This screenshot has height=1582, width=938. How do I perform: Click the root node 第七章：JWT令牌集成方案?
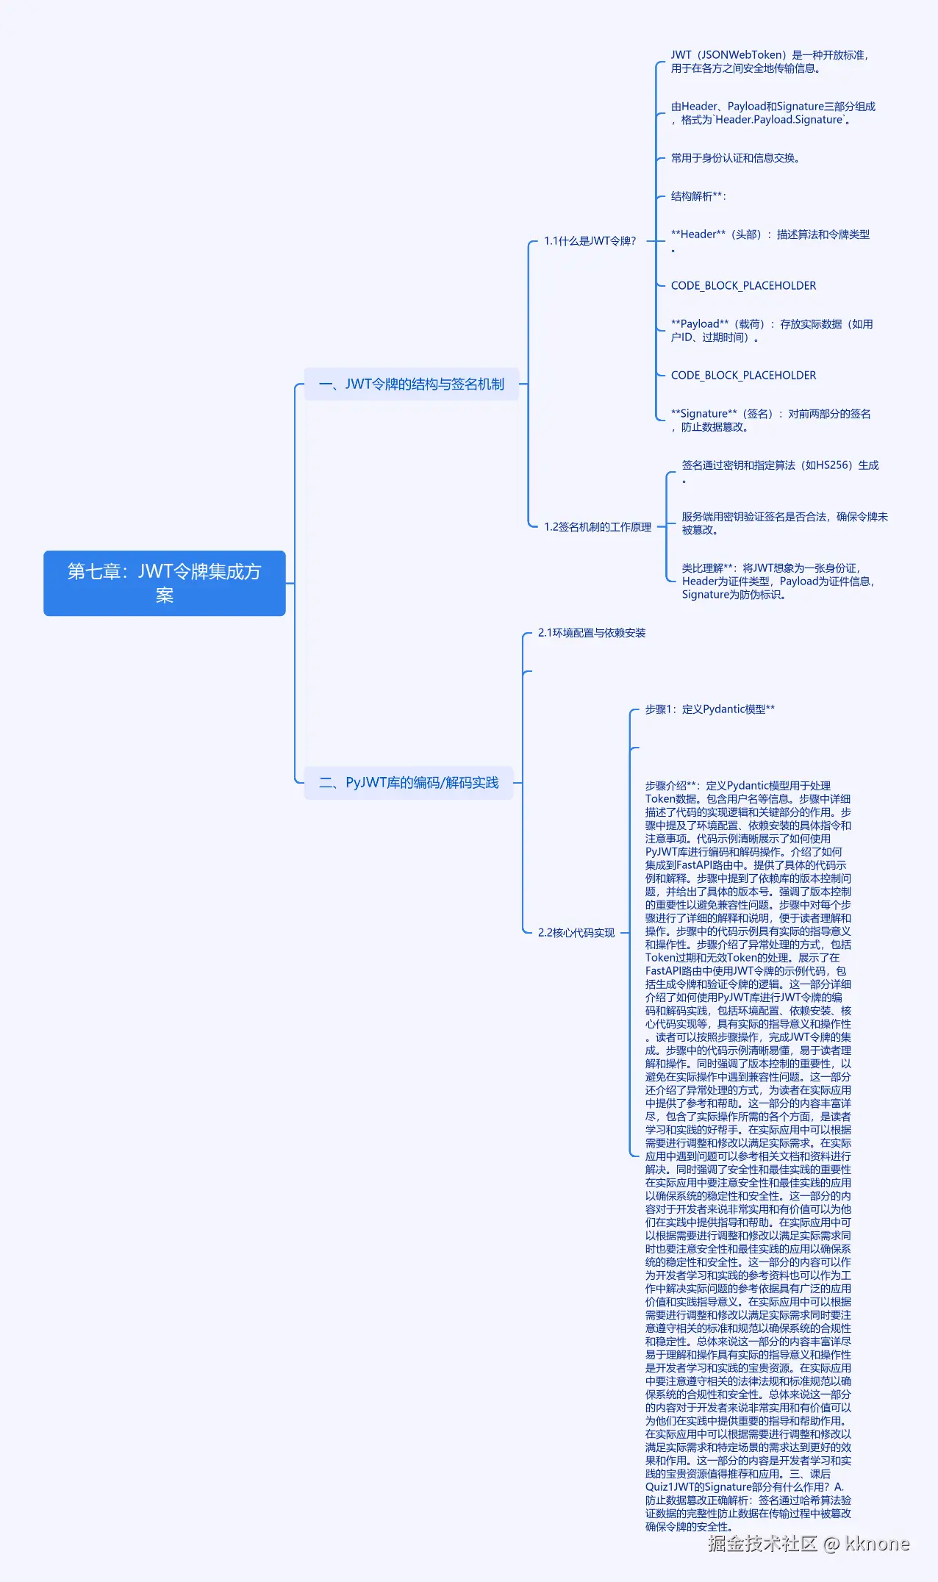(x=164, y=583)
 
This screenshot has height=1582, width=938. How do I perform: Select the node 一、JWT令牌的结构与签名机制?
(x=412, y=384)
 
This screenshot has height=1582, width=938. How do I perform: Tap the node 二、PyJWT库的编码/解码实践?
(x=409, y=782)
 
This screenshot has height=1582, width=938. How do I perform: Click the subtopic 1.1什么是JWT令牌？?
(x=590, y=241)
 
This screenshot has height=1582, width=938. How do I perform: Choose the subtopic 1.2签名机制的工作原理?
(x=598, y=527)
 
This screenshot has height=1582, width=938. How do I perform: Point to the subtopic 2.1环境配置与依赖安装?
(x=592, y=633)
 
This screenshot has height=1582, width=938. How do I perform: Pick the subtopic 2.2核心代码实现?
(x=576, y=933)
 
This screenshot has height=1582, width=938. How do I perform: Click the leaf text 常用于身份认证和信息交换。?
(x=735, y=158)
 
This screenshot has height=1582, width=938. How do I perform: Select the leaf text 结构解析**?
(x=698, y=196)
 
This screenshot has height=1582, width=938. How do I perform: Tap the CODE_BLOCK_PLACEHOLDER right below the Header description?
(x=743, y=286)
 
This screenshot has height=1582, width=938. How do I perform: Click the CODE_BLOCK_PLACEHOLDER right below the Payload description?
(x=743, y=376)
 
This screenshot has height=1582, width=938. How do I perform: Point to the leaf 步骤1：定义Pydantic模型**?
(x=709, y=709)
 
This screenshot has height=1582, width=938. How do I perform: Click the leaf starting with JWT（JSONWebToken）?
(x=769, y=62)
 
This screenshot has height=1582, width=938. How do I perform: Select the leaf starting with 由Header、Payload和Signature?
(x=773, y=113)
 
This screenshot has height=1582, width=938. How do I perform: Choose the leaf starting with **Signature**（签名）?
(x=770, y=420)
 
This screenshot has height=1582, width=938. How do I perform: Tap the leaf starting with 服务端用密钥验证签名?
(x=784, y=523)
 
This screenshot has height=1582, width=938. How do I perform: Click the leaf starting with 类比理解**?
(x=778, y=581)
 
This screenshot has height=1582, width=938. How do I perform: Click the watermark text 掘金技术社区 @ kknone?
(x=809, y=1543)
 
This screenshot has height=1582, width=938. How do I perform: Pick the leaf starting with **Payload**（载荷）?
(x=772, y=331)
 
